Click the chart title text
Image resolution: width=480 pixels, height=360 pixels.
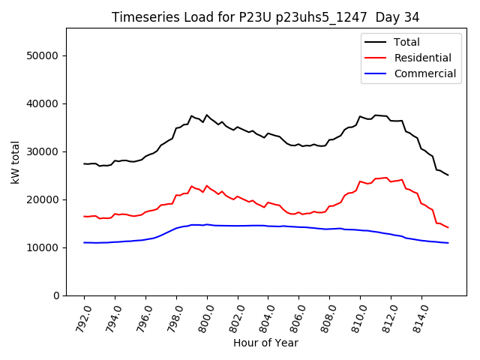265,16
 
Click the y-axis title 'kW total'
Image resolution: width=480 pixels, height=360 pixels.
16,162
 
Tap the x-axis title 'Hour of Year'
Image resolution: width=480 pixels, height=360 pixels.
265,343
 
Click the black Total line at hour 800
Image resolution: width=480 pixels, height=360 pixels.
207,115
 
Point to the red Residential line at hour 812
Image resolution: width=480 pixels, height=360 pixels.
391,181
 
